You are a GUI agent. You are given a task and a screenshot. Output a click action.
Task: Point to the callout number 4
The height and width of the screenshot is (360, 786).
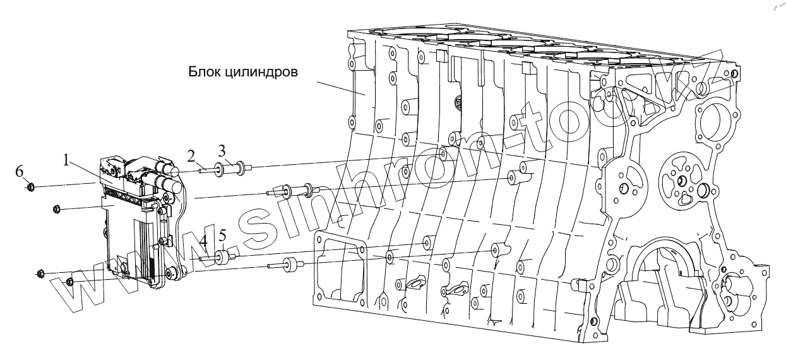click(x=203, y=241)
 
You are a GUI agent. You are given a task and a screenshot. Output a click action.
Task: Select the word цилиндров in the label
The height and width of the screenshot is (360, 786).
click(x=266, y=73)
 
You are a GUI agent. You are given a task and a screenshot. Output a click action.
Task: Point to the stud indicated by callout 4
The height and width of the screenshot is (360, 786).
click(x=206, y=258)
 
